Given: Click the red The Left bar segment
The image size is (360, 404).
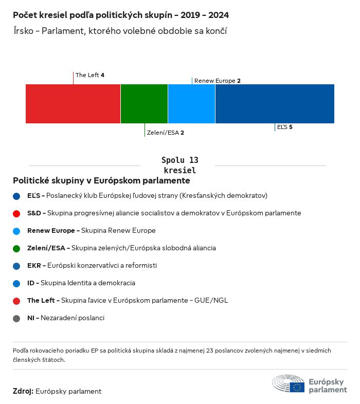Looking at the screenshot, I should coord(73,104).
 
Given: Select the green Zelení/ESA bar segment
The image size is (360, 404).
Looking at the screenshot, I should coord(144,104).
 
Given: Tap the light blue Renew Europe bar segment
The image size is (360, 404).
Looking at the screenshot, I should coord(191,104).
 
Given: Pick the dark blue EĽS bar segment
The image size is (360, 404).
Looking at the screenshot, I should coord(275,104).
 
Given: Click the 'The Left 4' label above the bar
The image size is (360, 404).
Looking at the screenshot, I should coord(90,75).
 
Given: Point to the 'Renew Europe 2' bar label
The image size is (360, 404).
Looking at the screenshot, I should coord(218,81).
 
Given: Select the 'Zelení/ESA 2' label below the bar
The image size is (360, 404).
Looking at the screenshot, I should coord(165,133).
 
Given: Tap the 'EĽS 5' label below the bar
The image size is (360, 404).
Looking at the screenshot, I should coord(285,127).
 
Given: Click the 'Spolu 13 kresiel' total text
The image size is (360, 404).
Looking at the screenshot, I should coord(179,165).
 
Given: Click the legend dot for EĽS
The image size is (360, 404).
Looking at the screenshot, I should coord(16,196).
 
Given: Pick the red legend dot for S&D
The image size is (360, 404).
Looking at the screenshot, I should coord(16,213).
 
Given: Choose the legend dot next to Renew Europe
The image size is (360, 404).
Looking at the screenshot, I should coord(16,231).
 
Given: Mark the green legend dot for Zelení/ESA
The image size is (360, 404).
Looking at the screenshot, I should coord(16,248).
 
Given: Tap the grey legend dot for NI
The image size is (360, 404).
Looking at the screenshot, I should coord(16,318).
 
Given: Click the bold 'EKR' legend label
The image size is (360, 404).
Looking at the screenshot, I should coord(34,266).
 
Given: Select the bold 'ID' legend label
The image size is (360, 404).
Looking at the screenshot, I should coord(31,283).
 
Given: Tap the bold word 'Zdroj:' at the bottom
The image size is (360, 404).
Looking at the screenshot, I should coord(23,392).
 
